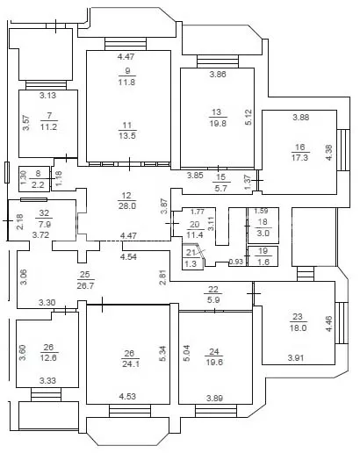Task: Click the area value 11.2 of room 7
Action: click(x=48, y=127)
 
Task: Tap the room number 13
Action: click(x=217, y=112)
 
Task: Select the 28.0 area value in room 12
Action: click(x=127, y=206)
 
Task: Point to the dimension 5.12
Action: click(x=248, y=117)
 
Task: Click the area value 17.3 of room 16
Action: click(x=299, y=158)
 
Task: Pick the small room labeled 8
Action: click(x=34, y=179)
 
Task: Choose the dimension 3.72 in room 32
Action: click(x=40, y=234)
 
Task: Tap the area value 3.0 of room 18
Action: click(x=263, y=234)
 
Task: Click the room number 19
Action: click(x=263, y=251)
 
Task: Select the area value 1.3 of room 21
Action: click(x=191, y=264)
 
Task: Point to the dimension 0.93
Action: click(x=236, y=262)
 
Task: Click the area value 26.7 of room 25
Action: click(x=85, y=285)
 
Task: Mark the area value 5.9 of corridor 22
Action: click(x=213, y=300)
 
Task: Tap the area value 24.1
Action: click(x=130, y=364)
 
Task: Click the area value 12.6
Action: click(x=48, y=357)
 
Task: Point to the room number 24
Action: click(x=214, y=351)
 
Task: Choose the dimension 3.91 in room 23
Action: click(x=296, y=357)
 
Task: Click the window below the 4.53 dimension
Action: click(x=130, y=411)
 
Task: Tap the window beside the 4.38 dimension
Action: click(x=343, y=150)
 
